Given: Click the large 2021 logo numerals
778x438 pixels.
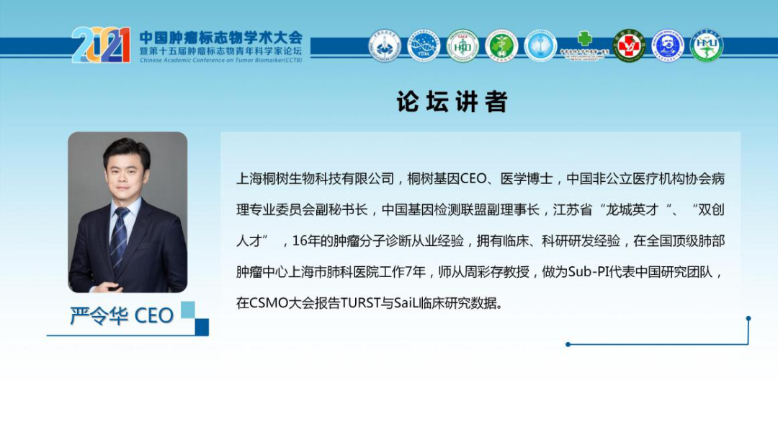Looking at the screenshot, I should pos(101,45).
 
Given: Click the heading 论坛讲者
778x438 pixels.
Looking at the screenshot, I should pos(452,102).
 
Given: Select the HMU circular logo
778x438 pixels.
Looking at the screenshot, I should pos(706,45).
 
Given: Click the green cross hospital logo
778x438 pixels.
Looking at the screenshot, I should pos(585,44).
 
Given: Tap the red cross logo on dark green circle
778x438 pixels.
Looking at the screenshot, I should pos(629,45).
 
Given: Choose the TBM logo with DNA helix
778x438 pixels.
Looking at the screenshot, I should pos(424,45).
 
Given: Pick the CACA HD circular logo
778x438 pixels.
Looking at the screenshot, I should pos(462,45).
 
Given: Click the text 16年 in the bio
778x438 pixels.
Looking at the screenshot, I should pos(304,241).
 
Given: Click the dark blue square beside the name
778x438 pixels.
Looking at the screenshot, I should pos(202,326).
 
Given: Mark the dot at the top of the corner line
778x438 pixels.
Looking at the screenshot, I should pos(748,318).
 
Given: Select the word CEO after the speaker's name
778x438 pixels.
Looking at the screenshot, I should pos(154,316).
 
